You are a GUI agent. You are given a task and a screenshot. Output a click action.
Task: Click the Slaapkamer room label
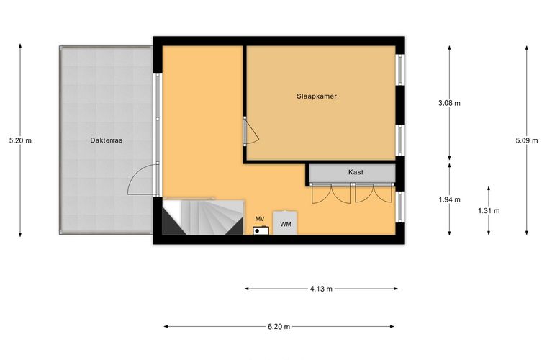click(317, 96)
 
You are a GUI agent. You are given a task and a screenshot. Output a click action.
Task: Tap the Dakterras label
click(107, 140)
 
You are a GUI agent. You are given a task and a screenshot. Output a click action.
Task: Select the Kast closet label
click(356, 172)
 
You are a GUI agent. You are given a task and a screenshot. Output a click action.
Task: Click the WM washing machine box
click(285, 222)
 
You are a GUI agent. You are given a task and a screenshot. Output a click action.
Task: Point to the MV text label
click(260, 219)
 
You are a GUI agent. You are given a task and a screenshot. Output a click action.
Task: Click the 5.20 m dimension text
click(20, 140)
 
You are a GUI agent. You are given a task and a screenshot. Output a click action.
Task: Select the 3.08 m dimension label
click(449, 103)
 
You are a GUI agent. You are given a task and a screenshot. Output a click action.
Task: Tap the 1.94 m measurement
click(449, 200)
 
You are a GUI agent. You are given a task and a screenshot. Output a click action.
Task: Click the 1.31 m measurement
click(489, 211)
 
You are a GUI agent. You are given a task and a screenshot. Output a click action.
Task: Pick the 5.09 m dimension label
click(527, 140)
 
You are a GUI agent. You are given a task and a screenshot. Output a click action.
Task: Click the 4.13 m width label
click(321, 289)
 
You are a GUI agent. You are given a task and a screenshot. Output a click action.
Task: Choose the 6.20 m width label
click(279, 327)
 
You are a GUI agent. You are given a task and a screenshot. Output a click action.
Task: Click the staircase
click(203, 217)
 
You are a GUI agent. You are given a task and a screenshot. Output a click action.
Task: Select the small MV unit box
click(261, 230)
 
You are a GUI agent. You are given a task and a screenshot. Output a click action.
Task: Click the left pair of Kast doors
click(330, 194)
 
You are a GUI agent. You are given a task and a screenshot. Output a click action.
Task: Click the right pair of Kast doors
click(374, 194)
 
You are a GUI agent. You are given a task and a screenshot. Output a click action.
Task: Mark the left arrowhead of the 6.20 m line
click(166, 327)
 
